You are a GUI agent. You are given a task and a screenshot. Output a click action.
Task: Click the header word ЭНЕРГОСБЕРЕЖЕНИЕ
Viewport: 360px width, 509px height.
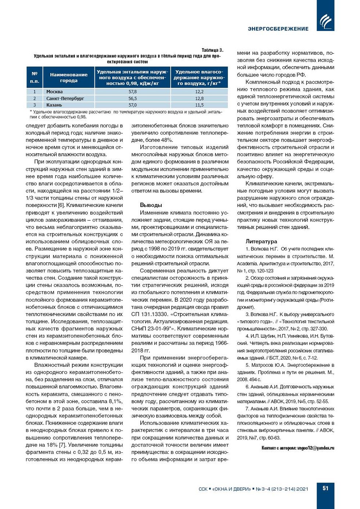click(x=278, y=29)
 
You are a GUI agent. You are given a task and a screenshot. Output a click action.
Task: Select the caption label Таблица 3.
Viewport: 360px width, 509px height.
click(x=212, y=50)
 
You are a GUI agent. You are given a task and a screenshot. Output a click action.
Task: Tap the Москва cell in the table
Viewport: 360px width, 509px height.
click(x=54, y=92)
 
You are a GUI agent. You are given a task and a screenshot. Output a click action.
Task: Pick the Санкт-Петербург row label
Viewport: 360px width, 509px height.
click(x=65, y=98)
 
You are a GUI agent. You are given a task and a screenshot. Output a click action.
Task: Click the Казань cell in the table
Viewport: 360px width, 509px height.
click(x=54, y=105)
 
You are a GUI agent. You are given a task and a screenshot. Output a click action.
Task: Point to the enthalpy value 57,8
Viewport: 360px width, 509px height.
click(x=133, y=92)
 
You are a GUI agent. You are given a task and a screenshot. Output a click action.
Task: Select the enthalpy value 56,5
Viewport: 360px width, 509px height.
click(x=133, y=98)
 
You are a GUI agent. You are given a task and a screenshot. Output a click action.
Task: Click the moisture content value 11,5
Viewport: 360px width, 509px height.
click(x=199, y=105)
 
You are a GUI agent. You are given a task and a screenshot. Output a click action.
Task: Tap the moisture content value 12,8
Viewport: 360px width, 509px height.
click(x=199, y=98)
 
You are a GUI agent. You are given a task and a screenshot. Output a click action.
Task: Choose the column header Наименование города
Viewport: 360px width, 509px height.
click(x=69, y=77)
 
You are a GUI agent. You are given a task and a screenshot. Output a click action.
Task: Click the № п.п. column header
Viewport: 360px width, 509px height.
click(x=35, y=77)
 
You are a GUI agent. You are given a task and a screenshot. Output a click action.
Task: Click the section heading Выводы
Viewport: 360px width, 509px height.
click(x=151, y=205)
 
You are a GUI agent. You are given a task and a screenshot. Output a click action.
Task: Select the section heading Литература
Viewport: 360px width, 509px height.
click(x=261, y=241)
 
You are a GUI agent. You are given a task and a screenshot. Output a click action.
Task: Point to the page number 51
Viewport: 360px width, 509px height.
click(x=325, y=488)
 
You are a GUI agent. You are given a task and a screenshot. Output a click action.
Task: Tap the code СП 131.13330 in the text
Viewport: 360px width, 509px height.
click(x=149, y=314)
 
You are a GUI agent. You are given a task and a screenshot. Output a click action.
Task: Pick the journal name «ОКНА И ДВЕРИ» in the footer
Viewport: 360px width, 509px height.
click(x=231, y=489)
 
